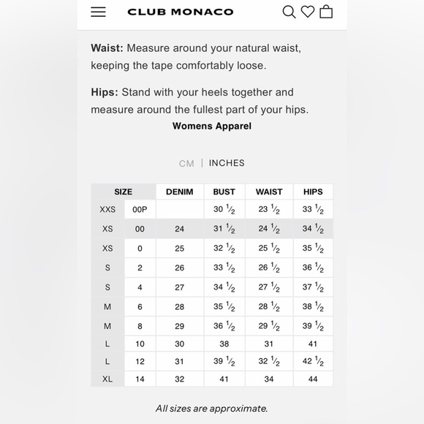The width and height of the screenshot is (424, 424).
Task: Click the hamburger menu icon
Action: pyautogui.click(x=98, y=12)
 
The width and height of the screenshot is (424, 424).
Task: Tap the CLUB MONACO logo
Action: pyautogui.click(x=180, y=12)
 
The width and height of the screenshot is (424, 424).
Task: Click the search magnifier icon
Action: pyautogui.click(x=289, y=12)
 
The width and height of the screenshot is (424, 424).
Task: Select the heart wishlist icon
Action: pyautogui.click(x=308, y=12)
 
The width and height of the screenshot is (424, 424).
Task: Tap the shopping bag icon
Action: pyautogui.click(x=326, y=12)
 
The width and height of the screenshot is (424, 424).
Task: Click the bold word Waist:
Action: pyautogui.click(x=107, y=48)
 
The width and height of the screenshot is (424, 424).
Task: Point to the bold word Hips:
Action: pyautogui.click(x=105, y=92)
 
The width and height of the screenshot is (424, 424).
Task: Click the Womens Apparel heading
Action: pyautogui.click(x=212, y=126)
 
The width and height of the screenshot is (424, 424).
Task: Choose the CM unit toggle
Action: pyautogui.click(x=186, y=164)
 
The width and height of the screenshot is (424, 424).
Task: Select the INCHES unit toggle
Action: pyautogui.click(x=227, y=163)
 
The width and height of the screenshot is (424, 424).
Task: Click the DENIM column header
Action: pyautogui.click(x=180, y=192)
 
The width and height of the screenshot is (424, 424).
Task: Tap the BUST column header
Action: pyautogui.click(x=224, y=192)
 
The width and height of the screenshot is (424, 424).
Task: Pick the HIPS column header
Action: pyautogui.click(x=313, y=192)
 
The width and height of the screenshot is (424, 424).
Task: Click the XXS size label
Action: pyautogui.click(x=107, y=209)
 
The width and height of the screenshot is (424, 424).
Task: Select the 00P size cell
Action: pyautogui.click(x=140, y=209)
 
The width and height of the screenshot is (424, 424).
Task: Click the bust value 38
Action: pyautogui.click(x=224, y=344)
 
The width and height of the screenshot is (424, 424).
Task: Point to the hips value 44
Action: pyautogui.click(x=313, y=379)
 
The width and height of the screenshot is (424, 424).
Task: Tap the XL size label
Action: pyautogui.click(x=107, y=379)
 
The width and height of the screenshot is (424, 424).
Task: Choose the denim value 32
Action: pyautogui.click(x=180, y=379)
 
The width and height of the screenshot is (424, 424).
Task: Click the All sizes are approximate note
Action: pyautogui.click(x=212, y=409)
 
